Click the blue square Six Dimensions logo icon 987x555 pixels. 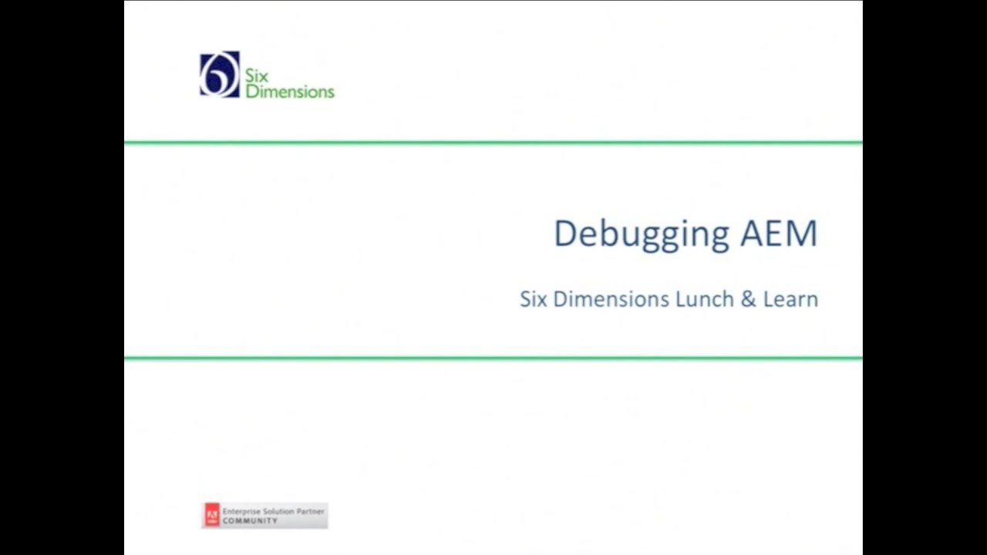click(x=220, y=75)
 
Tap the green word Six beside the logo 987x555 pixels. click(x=256, y=76)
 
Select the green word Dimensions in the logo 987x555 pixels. click(x=290, y=92)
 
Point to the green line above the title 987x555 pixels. click(x=493, y=143)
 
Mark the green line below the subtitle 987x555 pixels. click(x=493, y=358)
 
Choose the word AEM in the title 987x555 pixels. click(x=778, y=234)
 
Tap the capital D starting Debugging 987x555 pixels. click(x=565, y=234)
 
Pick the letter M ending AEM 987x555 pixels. click(x=802, y=234)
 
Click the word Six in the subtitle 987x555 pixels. click(x=533, y=299)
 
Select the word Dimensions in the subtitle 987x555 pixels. click(x=611, y=299)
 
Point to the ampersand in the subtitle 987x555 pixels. click(x=748, y=299)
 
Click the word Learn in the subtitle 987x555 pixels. click(x=790, y=299)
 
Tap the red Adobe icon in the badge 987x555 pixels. click(x=212, y=516)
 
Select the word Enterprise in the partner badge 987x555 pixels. click(x=241, y=512)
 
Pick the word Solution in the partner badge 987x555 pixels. click(x=278, y=512)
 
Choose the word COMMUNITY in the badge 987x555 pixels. click(x=250, y=521)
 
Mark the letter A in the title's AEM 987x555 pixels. click(x=753, y=234)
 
